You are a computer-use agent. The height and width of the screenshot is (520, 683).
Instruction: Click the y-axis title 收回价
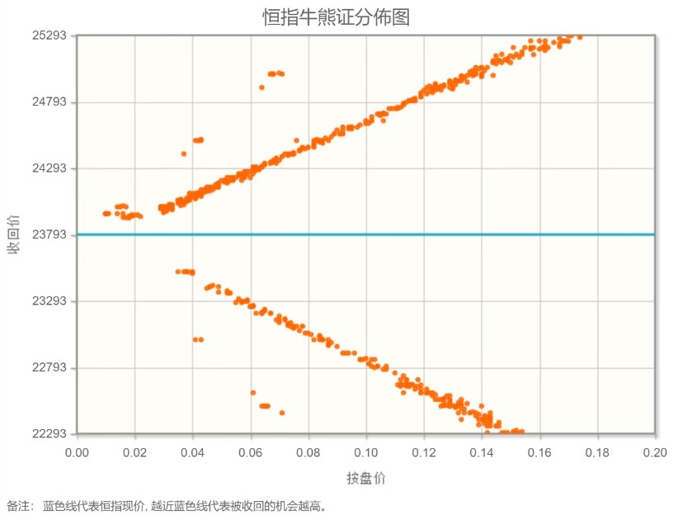coord(13,234)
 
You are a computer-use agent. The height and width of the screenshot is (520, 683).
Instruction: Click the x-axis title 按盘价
coord(365,478)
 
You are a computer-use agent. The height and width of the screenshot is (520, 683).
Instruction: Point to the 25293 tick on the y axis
coord(49,36)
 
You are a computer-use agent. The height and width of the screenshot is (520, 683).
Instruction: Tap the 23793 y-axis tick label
coord(49,235)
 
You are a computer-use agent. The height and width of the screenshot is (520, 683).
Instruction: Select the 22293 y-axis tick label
coord(49,434)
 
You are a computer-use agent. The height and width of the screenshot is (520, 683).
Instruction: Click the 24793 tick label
coord(49,102)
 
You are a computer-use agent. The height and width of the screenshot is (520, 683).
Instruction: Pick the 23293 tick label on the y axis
coord(49,301)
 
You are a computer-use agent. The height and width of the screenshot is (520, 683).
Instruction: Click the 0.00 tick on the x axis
coord(77,452)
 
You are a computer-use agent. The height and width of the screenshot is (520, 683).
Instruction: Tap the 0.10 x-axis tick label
coord(366,452)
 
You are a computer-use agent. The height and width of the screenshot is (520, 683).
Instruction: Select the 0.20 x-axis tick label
coord(655,452)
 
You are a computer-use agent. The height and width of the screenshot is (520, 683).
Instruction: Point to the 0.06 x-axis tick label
coord(250,452)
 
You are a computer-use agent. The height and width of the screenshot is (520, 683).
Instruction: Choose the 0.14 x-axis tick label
coord(482,452)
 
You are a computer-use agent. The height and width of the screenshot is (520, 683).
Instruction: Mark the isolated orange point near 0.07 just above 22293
coord(282,413)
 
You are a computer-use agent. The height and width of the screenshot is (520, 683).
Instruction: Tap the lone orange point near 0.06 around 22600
coord(253,393)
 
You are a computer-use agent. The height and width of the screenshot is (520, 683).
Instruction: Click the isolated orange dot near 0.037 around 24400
coord(184,154)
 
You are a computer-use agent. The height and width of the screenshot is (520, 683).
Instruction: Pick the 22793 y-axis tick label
coord(49,367)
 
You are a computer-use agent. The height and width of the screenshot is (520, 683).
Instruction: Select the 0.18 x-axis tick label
coord(597,452)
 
